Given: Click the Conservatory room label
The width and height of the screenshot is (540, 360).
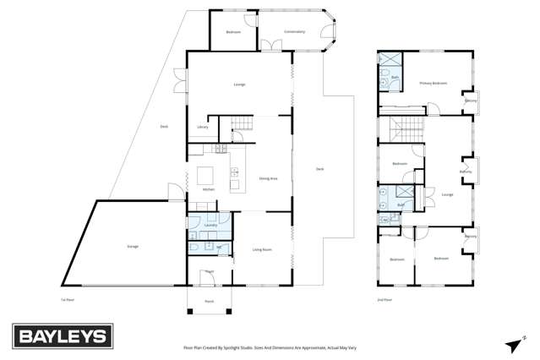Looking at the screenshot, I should click(x=294, y=32).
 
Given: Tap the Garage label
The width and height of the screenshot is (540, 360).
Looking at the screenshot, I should click(x=133, y=246).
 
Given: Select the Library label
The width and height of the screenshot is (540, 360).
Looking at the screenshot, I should click(x=202, y=127).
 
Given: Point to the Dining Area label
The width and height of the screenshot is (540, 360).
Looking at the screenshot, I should click(x=269, y=178).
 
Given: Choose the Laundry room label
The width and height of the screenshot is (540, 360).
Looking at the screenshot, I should click(x=210, y=225).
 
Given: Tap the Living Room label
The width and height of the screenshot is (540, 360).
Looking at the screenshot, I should click(x=262, y=249).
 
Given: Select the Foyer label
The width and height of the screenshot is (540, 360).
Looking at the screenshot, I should click(x=209, y=271).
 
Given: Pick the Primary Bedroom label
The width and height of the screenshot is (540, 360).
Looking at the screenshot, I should click(x=433, y=83).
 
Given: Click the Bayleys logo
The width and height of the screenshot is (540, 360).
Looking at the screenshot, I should click(x=62, y=336).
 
